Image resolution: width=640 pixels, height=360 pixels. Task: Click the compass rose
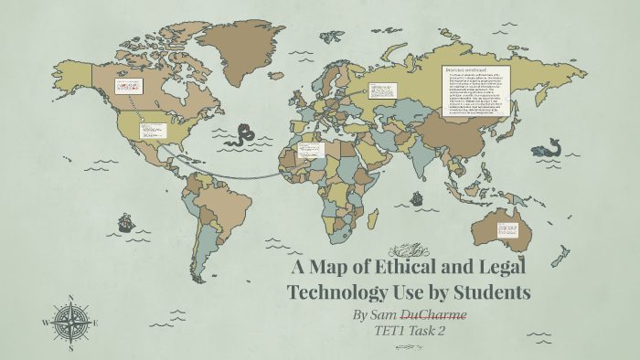pos(69,321)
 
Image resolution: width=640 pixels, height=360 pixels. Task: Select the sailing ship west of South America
pos(125,221)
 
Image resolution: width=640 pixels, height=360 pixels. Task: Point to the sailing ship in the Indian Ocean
pos(416,197)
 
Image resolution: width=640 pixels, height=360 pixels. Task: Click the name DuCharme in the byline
pos(434,314)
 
